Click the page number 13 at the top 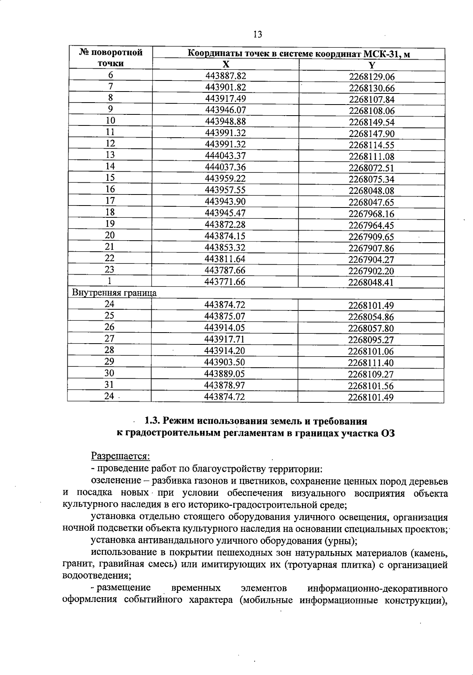tap(257, 34)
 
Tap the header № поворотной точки tap(111, 58)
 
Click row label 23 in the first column tap(110, 270)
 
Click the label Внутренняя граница tap(114, 293)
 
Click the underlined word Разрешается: tap(121, 456)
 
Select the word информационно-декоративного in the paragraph tap(377, 588)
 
